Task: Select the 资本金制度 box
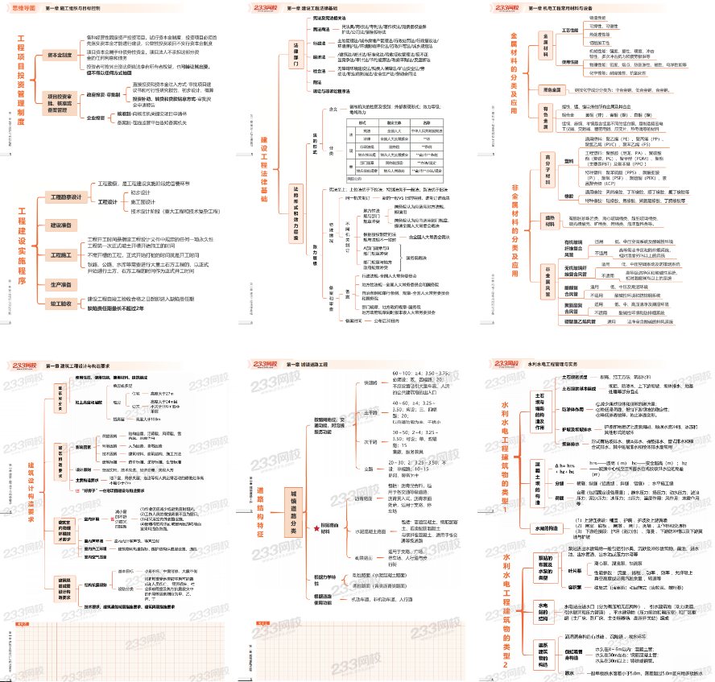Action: click(63, 56)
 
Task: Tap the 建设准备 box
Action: click(61, 225)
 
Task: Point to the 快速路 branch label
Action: click(370, 382)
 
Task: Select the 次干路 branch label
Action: click(370, 441)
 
